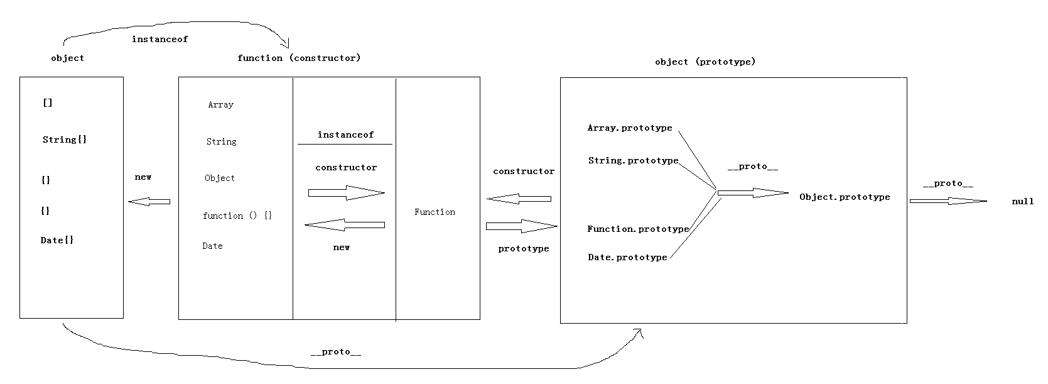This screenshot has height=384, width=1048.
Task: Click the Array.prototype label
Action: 630,128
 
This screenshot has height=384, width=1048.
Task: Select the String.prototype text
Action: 633,161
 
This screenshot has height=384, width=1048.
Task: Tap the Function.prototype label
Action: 638,229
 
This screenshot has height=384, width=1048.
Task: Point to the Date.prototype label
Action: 627,257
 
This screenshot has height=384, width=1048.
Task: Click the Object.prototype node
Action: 845,197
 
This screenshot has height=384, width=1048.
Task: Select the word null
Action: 1023,201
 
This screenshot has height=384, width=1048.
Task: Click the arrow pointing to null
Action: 948,201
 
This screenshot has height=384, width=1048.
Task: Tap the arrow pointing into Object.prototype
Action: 754,193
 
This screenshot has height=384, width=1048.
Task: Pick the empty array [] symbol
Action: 47,102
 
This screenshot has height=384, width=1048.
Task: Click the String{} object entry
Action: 65,140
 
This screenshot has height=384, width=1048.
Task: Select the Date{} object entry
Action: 57,240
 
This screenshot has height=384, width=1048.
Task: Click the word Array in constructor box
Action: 221,105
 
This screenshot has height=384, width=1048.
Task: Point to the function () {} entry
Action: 237,216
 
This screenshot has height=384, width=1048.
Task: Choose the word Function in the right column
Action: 435,212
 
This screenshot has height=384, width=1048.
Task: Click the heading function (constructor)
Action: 299,58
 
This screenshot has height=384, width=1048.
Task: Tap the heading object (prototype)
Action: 705,62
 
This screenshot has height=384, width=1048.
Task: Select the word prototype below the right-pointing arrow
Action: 524,249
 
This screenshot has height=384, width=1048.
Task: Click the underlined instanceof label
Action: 346,135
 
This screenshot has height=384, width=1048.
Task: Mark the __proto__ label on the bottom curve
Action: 336,352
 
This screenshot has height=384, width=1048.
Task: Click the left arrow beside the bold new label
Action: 149,201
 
